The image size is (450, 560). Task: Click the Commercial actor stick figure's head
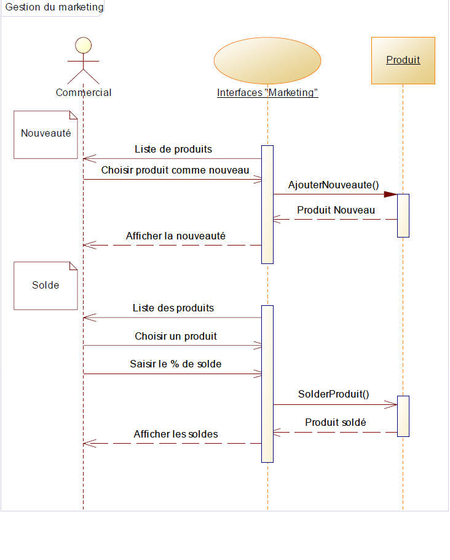tap(83, 46)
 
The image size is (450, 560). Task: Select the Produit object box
tap(403, 60)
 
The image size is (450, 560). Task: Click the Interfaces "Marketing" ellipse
tap(267, 60)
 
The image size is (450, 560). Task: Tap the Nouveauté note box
tap(46, 134)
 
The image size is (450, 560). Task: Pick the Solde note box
tap(46, 286)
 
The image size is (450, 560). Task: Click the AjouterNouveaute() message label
tap(333, 185)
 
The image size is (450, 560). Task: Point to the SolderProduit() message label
tap(333, 394)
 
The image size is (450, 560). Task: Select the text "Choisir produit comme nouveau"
tap(175, 170)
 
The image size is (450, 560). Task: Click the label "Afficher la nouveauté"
tap(176, 236)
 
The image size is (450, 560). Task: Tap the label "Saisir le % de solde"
tap(176, 364)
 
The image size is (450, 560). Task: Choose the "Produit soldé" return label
tap(336, 422)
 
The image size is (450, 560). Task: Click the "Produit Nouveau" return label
tap(336, 210)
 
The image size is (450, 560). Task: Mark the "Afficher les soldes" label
tap(176, 434)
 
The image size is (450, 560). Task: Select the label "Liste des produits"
tap(173, 308)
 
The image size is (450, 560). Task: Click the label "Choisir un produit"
tap(176, 336)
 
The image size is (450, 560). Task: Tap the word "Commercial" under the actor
tap(84, 93)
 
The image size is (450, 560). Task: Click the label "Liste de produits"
tap(173, 149)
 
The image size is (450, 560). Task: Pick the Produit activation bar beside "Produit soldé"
tap(403, 416)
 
